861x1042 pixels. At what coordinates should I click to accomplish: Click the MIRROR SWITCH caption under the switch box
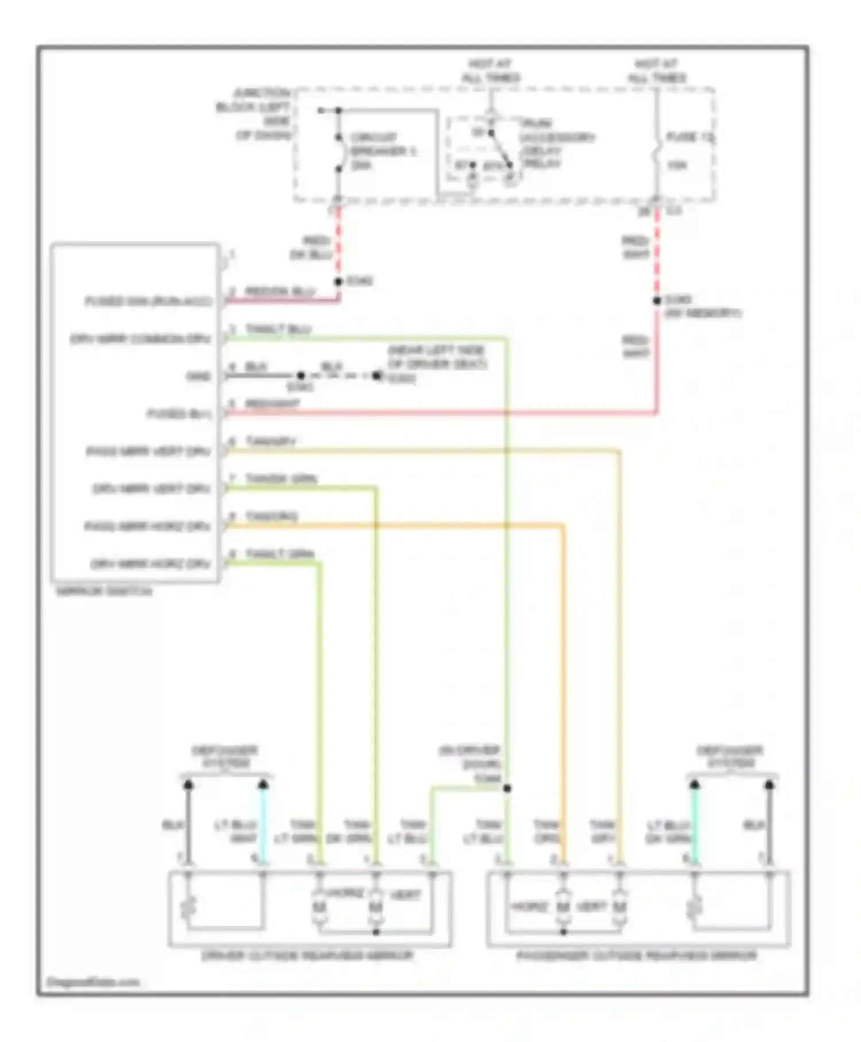click(x=104, y=591)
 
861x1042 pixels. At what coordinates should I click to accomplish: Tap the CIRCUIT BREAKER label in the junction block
click(x=383, y=150)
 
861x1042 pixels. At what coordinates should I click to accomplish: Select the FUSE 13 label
click(x=689, y=137)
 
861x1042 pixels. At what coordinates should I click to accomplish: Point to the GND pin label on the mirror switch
click(x=199, y=376)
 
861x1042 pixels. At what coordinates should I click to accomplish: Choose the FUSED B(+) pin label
click(x=179, y=414)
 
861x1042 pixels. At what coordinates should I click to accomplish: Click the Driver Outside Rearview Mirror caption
click(x=308, y=955)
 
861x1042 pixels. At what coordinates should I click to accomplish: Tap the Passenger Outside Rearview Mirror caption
click(x=637, y=955)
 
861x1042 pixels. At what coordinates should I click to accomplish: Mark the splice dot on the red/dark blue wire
click(x=338, y=281)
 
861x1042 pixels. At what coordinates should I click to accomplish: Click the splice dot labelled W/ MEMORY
click(x=657, y=300)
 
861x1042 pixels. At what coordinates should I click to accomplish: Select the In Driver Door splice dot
click(x=507, y=788)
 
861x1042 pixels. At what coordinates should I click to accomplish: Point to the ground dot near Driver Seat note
click(x=377, y=376)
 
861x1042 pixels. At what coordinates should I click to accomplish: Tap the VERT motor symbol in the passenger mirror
click(x=619, y=908)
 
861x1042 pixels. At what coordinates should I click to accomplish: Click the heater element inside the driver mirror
click(x=188, y=908)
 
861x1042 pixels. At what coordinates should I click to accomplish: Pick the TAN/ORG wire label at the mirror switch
click(x=271, y=516)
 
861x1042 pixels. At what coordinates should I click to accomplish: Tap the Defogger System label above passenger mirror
click(x=730, y=757)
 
